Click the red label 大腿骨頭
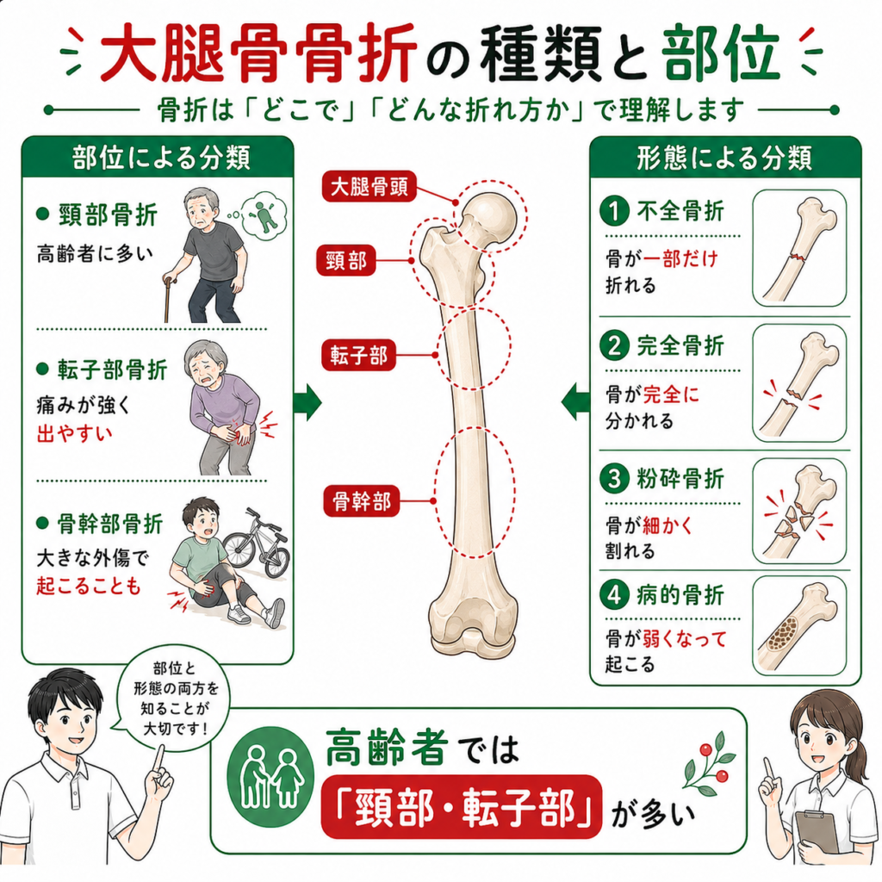(x=369, y=187)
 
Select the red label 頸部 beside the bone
(x=346, y=260)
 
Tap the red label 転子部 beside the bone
(x=358, y=355)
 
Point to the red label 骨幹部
(x=361, y=500)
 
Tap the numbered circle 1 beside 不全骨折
(x=614, y=211)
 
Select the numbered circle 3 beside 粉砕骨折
(x=614, y=479)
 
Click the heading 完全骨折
(x=680, y=345)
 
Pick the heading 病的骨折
(x=680, y=594)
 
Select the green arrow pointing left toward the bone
(x=575, y=403)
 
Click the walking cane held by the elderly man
(x=168, y=298)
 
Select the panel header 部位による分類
(x=161, y=158)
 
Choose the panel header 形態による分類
(x=724, y=158)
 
